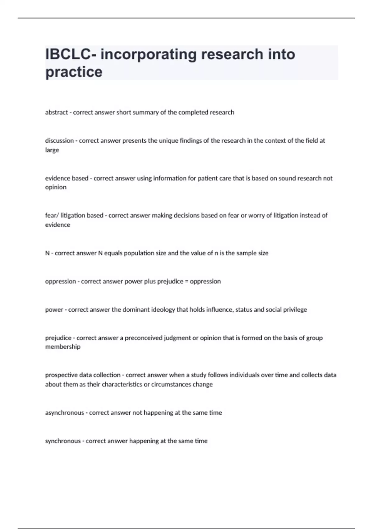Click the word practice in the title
tap(74, 72)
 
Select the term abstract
tap(56, 112)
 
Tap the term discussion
tap(59, 141)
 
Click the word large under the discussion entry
tap(52, 150)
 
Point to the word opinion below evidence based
tap(56, 187)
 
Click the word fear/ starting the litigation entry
tap(52, 215)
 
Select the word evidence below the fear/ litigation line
tap(58, 225)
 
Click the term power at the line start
tap(54, 310)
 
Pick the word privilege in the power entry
tap(295, 310)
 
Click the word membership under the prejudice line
tap(62, 347)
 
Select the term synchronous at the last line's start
tap(63, 441)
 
